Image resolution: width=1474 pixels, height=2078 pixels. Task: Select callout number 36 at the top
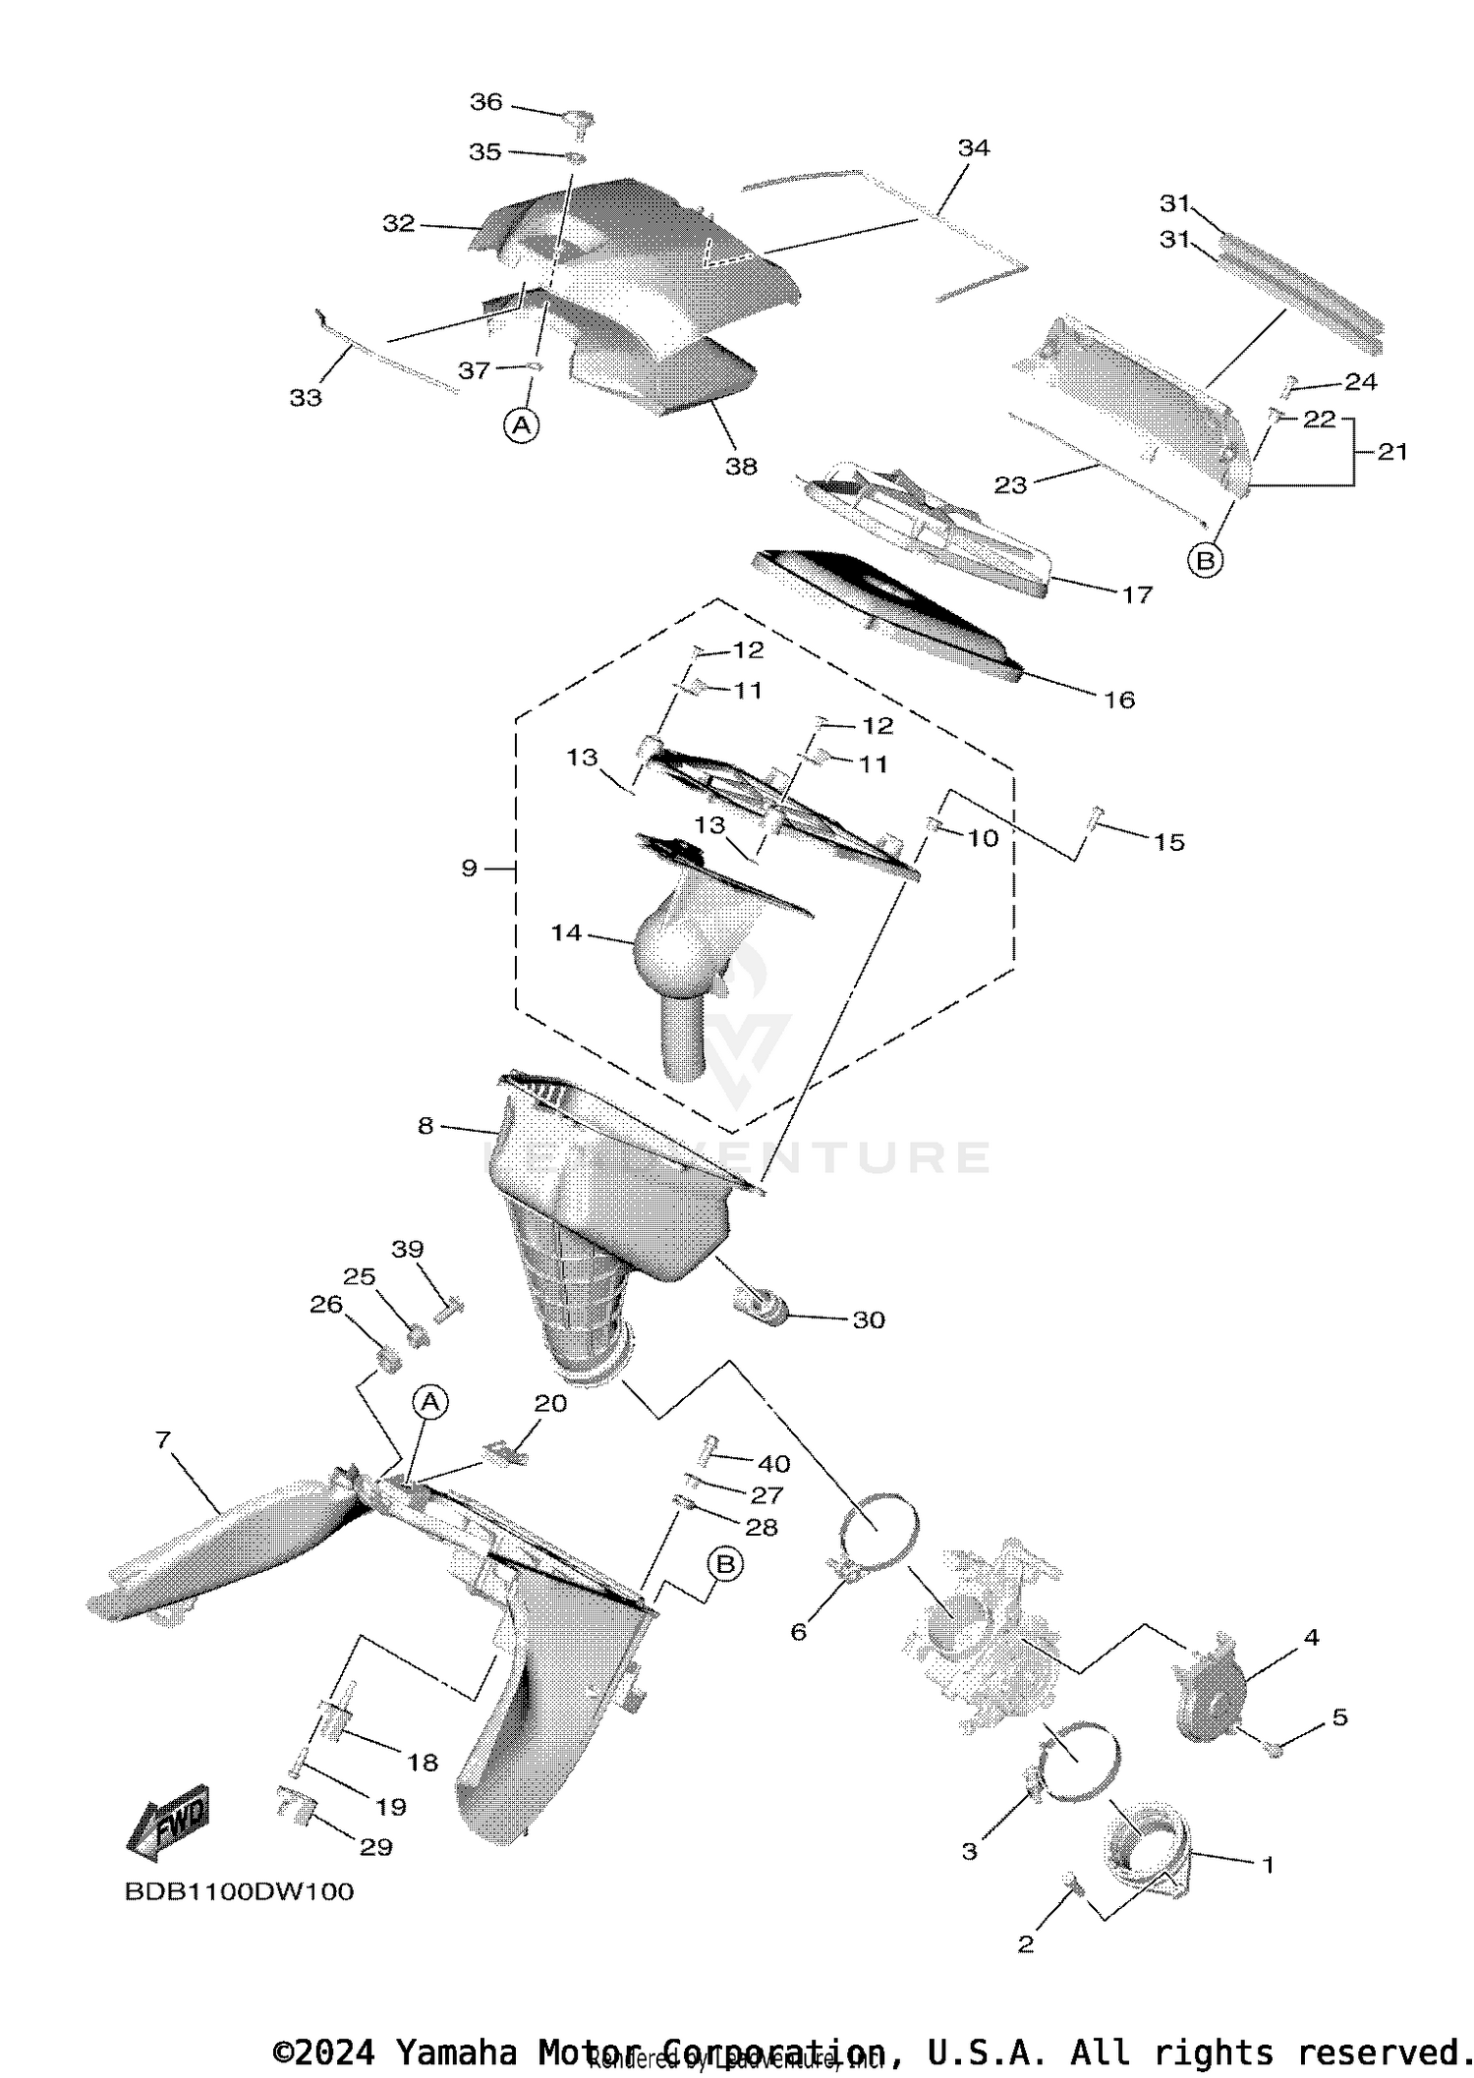(x=485, y=102)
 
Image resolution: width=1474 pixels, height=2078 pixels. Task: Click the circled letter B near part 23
(x=1205, y=561)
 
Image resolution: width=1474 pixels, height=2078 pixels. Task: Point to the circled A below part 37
(x=522, y=425)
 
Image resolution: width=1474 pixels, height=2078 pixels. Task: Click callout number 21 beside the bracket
(x=1391, y=452)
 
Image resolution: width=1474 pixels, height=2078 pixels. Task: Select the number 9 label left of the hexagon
(x=469, y=868)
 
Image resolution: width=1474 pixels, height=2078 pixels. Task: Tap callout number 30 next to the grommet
(x=869, y=1320)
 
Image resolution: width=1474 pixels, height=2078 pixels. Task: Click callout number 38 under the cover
(x=741, y=467)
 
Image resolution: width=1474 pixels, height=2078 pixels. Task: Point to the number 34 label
(x=973, y=148)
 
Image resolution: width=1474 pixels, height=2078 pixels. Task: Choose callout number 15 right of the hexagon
(x=1168, y=842)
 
